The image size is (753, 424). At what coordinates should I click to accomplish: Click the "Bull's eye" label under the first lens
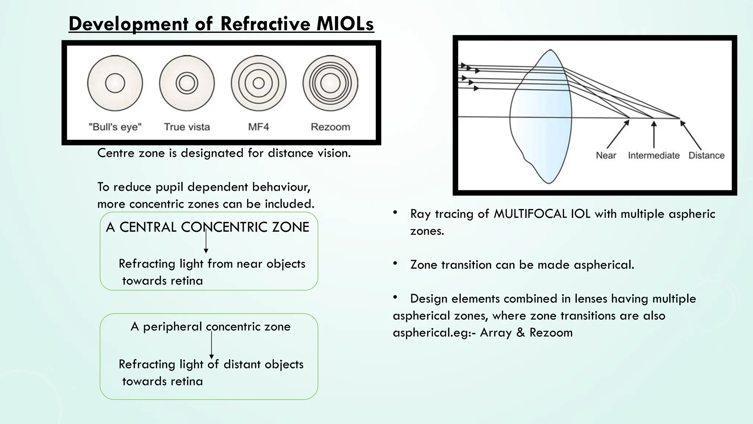tap(115, 127)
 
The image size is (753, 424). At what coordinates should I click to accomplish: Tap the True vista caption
tap(187, 127)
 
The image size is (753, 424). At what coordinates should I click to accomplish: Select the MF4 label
tap(258, 127)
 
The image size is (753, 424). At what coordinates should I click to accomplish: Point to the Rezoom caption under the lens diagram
tap(330, 127)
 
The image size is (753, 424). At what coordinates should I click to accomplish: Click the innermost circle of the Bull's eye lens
tap(115, 83)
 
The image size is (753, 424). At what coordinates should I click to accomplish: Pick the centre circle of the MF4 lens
tap(259, 83)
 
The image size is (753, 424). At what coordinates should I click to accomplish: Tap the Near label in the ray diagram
tap(606, 155)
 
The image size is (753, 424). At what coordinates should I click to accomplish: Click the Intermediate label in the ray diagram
tap(654, 155)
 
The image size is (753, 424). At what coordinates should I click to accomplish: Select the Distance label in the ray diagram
tap(706, 155)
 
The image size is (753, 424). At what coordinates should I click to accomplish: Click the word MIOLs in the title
tap(345, 24)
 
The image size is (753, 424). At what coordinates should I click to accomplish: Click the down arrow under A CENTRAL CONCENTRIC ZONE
tap(206, 241)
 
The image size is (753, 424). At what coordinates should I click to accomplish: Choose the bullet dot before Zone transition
tap(395, 263)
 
